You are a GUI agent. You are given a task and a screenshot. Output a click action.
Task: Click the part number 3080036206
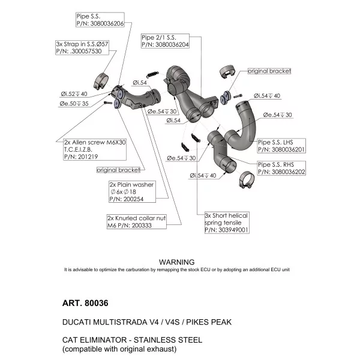pyautogui.click(x=107, y=23)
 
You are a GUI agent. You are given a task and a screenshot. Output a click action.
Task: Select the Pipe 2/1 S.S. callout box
pyautogui.click(x=165, y=41)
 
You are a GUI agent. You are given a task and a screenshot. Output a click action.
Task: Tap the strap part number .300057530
pyautogui.click(x=86, y=51)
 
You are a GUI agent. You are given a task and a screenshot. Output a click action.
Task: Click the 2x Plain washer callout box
pyautogui.click(x=132, y=192)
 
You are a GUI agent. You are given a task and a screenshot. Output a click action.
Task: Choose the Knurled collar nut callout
pyautogui.click(x=137, y=221)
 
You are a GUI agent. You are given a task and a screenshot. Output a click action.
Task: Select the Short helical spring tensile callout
pyautogui.click(x=227, y=223)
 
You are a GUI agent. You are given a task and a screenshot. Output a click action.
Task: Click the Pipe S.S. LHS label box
pyautogui.click(x=281, y=146)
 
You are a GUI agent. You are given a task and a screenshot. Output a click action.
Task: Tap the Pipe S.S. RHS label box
pyautogui.click(x=281, y=168)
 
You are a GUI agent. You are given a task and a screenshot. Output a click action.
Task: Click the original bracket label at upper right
pyautogui.click(x=269, y=71)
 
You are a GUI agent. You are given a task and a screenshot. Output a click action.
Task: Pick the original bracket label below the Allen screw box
pyautogui.click(x=118, y=170)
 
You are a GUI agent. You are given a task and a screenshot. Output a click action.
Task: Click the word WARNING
pyautogui.click(x=177, y=262)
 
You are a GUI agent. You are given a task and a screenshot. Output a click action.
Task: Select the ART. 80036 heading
pyautogui.click(x=85, y=303)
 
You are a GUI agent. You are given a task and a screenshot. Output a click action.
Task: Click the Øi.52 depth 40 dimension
pyautogui.click(x=74, y=94)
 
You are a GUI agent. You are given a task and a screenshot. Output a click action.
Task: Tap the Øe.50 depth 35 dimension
pyautogui.click(x=74, y=104)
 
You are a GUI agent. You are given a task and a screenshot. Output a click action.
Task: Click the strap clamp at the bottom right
pyautogui.click(x=247, y=179)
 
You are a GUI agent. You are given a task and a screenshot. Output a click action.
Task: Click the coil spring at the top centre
pyautogui.click(x=152, y=74)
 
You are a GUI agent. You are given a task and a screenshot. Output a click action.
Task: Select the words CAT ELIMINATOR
pyautogui.click(x=94, y=340)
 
